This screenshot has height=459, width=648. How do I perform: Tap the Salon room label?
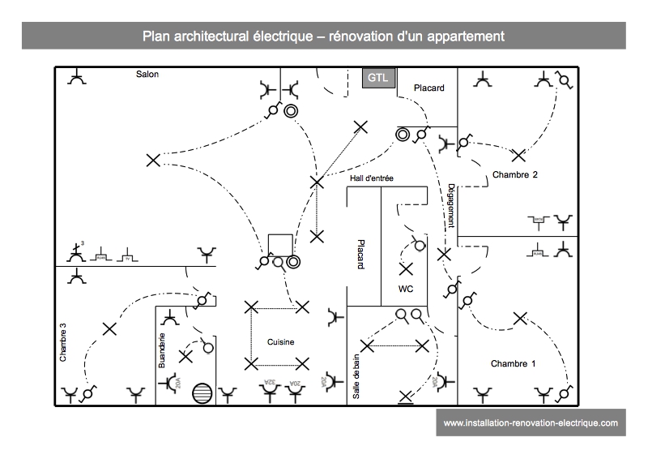coord(147,75)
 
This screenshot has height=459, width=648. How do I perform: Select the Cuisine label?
coord(280,342)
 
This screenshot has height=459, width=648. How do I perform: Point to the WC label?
coord(406,289)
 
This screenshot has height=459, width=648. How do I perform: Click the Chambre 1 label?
coord(513,364)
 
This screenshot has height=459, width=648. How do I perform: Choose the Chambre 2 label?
coord(514,175)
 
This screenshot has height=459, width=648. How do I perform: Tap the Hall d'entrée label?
coord(372,178)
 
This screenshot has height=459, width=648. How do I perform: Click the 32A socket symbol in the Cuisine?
coord(271,392)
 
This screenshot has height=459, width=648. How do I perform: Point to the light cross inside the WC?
coord(406,268)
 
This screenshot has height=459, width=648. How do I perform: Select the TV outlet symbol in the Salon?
coord(127,256)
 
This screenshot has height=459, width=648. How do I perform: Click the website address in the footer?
coord(531,423)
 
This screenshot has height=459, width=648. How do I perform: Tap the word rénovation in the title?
coord(361,36)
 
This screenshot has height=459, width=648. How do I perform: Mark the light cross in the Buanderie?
coord(185,356)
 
